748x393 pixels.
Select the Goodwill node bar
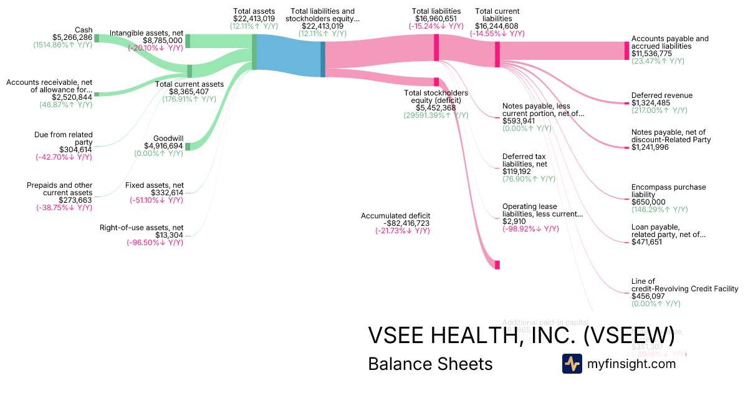coord(188,146)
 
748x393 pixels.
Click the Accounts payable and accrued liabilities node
coord(627,51)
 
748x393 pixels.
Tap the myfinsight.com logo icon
coord(572,364)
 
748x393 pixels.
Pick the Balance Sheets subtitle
coord(430,364)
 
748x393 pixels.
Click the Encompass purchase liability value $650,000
coord(648,202)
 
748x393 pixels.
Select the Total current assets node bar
coord(189,70)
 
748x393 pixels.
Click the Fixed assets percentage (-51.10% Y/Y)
coord(156,200)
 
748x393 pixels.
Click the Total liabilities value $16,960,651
coord(436,19)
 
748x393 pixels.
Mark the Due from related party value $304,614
coord(75,150)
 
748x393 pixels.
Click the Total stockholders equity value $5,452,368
coord(435,108)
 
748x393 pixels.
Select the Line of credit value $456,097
coord(648,296)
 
